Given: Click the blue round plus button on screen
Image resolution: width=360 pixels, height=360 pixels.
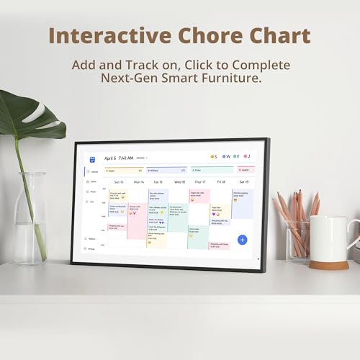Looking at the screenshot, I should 242,240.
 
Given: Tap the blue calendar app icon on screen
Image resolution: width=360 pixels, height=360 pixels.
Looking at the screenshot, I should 93,158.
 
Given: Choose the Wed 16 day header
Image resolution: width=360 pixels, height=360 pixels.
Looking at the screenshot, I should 179,182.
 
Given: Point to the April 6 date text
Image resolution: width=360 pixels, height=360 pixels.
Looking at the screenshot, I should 110,158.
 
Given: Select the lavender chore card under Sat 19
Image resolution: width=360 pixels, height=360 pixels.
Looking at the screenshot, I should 242,204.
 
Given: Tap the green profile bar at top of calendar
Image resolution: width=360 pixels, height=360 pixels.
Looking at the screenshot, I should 212,171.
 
